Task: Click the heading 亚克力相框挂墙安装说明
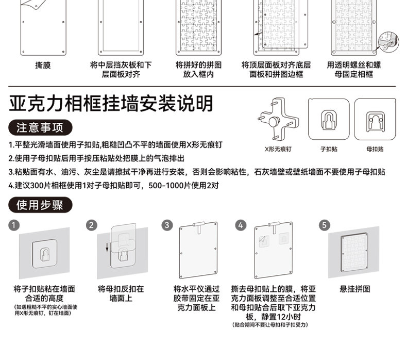point(111,104)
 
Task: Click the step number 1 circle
point(14,225)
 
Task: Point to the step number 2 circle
point(91,225)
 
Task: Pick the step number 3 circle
point(167,225)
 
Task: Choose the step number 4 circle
point(241,225)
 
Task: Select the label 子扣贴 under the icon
point(329,149)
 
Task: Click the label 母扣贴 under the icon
point(375,149)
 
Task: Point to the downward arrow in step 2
point(107,248)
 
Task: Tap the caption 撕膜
point(43,66)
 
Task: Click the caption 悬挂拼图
point(354,289)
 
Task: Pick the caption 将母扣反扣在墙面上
point(121,293)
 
